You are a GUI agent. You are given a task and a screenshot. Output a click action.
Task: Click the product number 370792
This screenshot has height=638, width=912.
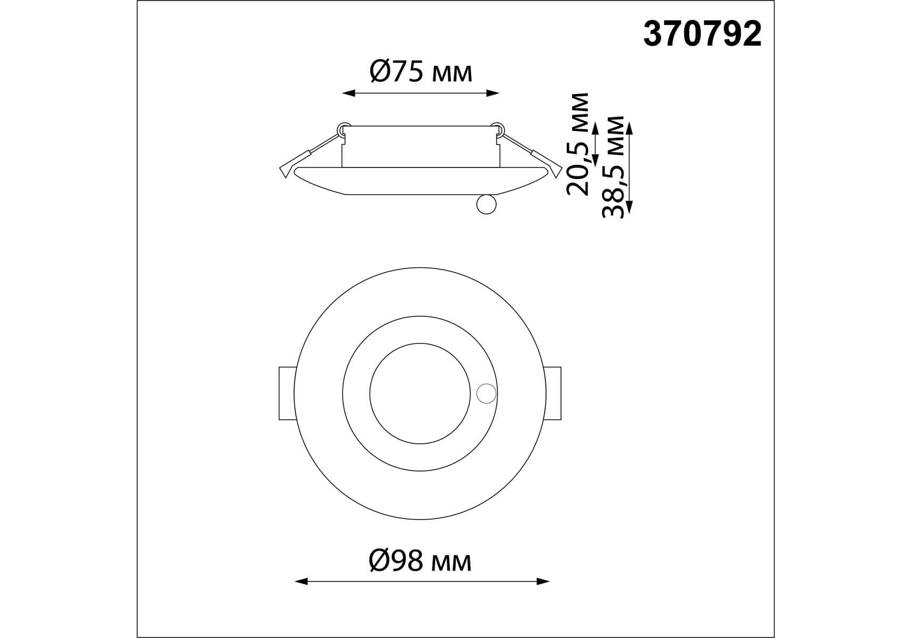click(702, 35)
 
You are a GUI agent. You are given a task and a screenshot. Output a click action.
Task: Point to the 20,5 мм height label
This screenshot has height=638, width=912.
click(578, 144)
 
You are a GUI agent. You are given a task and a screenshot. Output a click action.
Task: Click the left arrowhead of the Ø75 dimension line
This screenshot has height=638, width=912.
click(348, 94)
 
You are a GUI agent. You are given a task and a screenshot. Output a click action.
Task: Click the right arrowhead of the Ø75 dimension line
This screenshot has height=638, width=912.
click(493, 94)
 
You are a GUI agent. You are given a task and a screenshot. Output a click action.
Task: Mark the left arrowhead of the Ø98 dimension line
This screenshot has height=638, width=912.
click(302, 582)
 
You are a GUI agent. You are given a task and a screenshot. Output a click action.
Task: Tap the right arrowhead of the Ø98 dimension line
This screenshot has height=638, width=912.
click(543, 582)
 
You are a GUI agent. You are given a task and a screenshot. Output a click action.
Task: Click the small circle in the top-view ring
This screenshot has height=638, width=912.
click(487, 393)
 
